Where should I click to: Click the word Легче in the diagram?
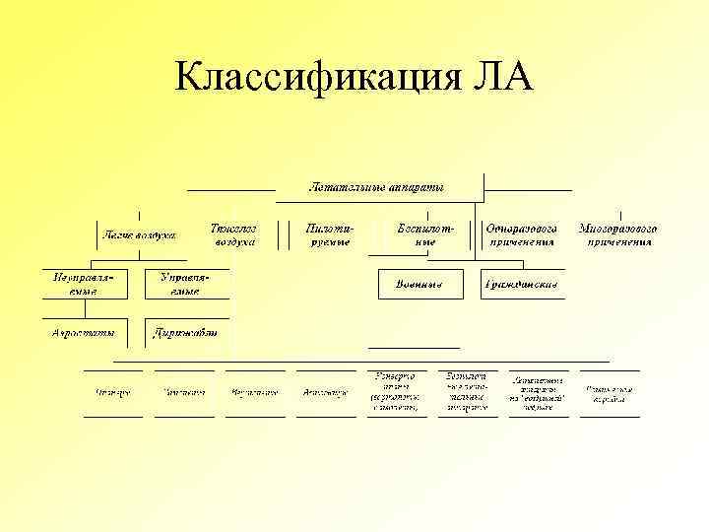pos(118,235)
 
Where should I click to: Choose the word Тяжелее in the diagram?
pos(233,228)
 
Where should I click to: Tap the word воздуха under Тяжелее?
pos(233,240)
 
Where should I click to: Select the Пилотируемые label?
pos(330,234)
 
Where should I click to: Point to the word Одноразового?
pos(522,228)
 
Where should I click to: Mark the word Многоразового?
pos(617,228)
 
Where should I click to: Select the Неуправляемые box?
pos(84,284)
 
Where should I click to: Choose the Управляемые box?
pos(186,284)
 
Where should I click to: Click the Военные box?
pos(419,284)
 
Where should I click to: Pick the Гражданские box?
pos(522,284)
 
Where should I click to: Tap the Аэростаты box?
pos(84,332)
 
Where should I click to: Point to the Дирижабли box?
pos(186,332)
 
